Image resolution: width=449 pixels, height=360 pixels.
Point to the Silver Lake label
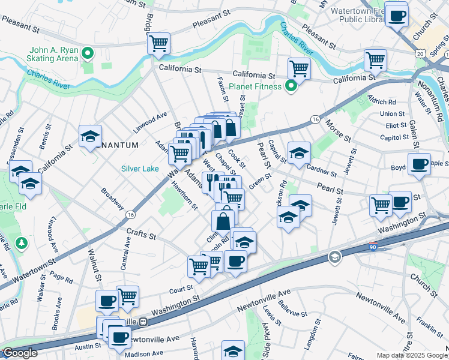(140, 169)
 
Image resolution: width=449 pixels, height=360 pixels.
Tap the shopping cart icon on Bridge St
(159, 43)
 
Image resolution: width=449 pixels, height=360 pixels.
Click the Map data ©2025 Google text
(412, 355)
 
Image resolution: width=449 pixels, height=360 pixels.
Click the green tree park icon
(22, 243)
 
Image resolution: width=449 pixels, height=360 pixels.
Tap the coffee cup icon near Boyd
(419, 163)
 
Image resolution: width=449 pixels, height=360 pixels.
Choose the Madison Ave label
(144, 353)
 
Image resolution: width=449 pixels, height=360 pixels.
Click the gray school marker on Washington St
(334, 257)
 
